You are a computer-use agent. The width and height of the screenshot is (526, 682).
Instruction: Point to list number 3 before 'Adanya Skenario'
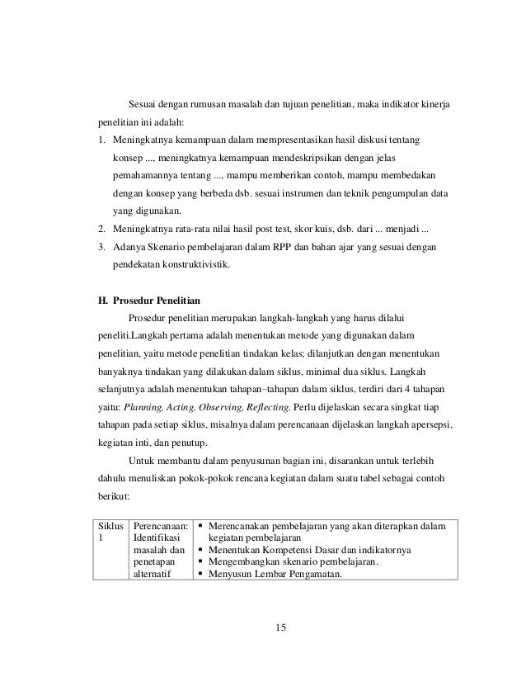101,247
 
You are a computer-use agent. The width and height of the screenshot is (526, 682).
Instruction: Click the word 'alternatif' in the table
153,575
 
